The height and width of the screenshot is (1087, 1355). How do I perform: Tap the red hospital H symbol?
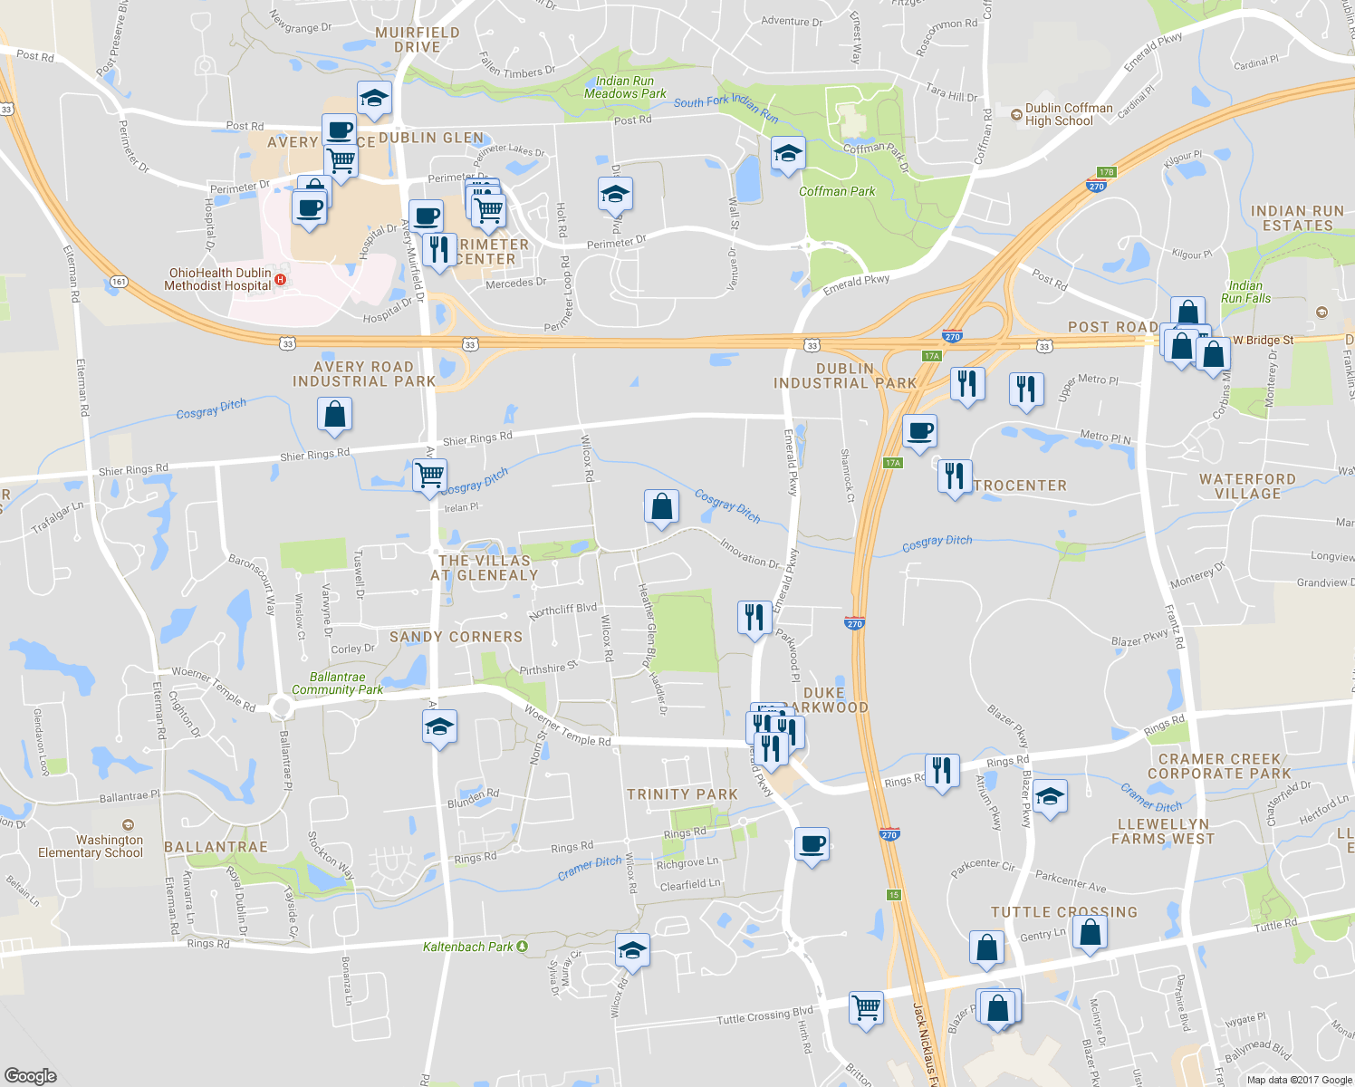pos(281,279)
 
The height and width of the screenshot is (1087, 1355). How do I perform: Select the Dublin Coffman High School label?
pos(1069,114)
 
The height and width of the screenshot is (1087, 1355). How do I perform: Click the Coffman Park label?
pos(837,191)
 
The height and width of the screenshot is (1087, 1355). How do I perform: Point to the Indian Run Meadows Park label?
pos(625,87)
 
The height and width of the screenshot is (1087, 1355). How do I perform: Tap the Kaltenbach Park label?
pos(468,947)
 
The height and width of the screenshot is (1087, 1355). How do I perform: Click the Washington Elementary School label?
pos(91,846)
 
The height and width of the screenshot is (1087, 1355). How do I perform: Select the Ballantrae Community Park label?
pos(337,683)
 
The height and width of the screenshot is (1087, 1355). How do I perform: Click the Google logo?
pos(30,1075)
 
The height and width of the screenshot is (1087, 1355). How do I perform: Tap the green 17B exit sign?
pos(1106,172)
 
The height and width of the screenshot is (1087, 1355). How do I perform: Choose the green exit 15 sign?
pos(894,895)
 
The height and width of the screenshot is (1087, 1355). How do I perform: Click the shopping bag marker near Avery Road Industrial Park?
pos(334,414)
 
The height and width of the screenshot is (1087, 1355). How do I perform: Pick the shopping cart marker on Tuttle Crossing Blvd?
pos(866,1006)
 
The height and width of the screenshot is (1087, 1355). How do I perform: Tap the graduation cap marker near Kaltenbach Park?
pos(632,950)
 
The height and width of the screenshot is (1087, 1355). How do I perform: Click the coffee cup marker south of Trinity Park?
pos(812,844)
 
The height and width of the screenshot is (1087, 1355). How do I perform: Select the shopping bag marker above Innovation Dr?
pos(661,506)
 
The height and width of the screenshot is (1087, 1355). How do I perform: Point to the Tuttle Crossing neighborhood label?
pos(1063,912)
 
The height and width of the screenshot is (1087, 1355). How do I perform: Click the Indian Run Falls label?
pos(1245,292)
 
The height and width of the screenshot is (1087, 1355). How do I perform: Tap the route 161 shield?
pos(120,282)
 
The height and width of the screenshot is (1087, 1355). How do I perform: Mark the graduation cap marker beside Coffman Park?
pos(788,153)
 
